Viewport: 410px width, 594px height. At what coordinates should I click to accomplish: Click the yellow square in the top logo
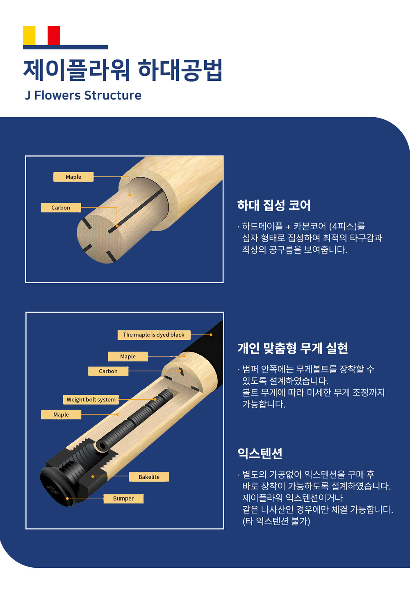click(29, 35)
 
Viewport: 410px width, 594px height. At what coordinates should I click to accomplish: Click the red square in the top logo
click(54, 35)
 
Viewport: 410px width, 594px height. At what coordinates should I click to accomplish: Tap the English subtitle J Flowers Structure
click(83, 96)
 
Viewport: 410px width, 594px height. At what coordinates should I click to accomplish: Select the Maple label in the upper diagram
click(73, 177)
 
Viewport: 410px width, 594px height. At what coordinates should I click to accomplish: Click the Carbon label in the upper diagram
click(61, 208)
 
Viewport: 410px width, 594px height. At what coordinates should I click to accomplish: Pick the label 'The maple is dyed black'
click(154, 335)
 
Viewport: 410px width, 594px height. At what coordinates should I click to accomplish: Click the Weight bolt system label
click(91, 399)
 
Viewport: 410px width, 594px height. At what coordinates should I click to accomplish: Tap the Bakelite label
click(149, 477)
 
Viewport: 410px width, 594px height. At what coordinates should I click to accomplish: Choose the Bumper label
click(123, 498)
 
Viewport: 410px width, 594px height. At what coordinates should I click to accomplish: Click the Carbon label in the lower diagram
click(108, 371)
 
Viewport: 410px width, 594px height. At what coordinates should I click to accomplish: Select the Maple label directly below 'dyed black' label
click(128, 356)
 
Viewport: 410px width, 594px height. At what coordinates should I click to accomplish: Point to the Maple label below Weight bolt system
click(61, 414)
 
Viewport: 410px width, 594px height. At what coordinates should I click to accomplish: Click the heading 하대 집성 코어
click(274, 205)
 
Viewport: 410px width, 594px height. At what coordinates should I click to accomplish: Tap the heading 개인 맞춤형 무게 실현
click(292, 348)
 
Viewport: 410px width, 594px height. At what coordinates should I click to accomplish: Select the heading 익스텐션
click(260, 453)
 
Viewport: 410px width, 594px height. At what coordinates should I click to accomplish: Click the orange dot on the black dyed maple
click(211, 335)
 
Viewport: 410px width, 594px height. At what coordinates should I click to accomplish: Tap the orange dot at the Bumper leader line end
click(67, 498)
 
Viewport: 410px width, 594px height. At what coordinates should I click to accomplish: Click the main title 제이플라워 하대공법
click(123, 70)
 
